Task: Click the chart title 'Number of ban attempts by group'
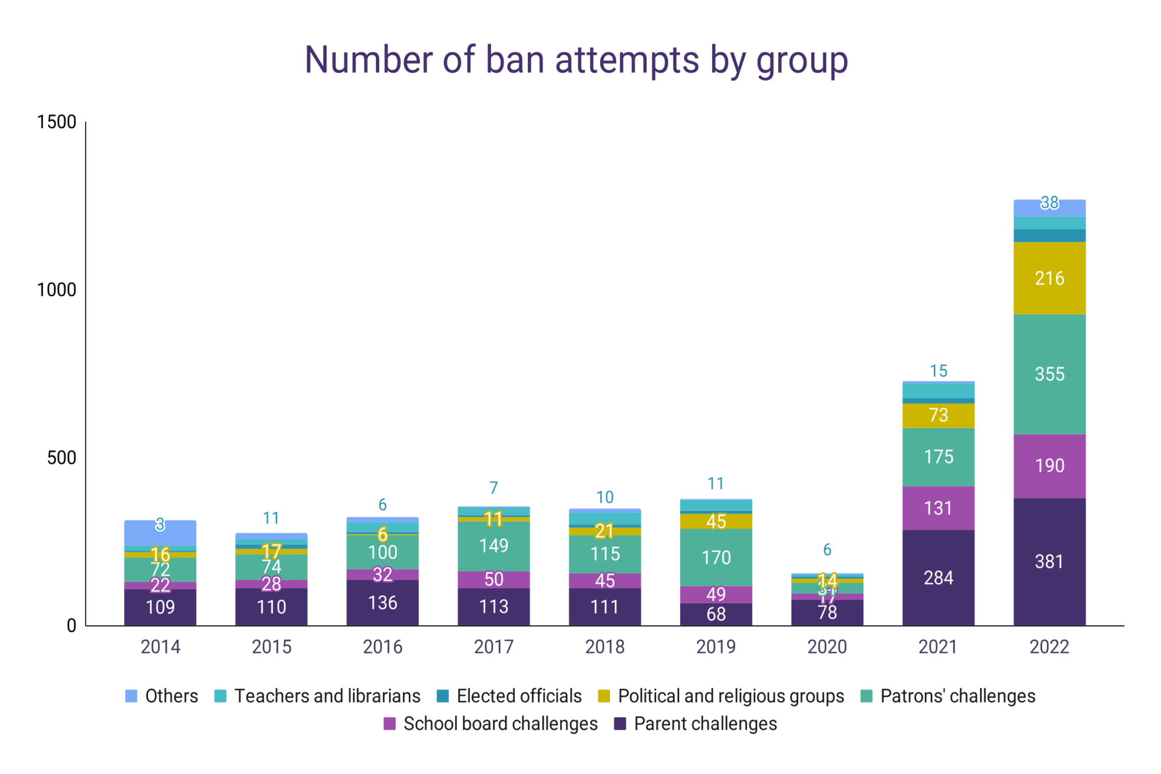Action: point(576,60)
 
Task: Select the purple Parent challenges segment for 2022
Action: point(1049,561)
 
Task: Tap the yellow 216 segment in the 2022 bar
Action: point(1049,278)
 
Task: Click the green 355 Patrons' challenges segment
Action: point(1049,374)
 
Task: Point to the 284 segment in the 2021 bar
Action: point(938,577)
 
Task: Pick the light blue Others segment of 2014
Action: point(160,533)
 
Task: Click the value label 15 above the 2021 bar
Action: point(938,371)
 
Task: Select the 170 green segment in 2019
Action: point(716,557)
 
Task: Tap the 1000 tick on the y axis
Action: point(56,290)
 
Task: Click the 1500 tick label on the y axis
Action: point(56,122)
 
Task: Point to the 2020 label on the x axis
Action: point(827,646)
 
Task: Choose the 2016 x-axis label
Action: point(383,646)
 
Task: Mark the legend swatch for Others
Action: point(131,696)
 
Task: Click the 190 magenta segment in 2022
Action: point(1049,466)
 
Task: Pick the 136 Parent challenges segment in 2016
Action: point(383,602)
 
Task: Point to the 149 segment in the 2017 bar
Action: point(493,545)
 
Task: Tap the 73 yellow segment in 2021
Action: point(938,415)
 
